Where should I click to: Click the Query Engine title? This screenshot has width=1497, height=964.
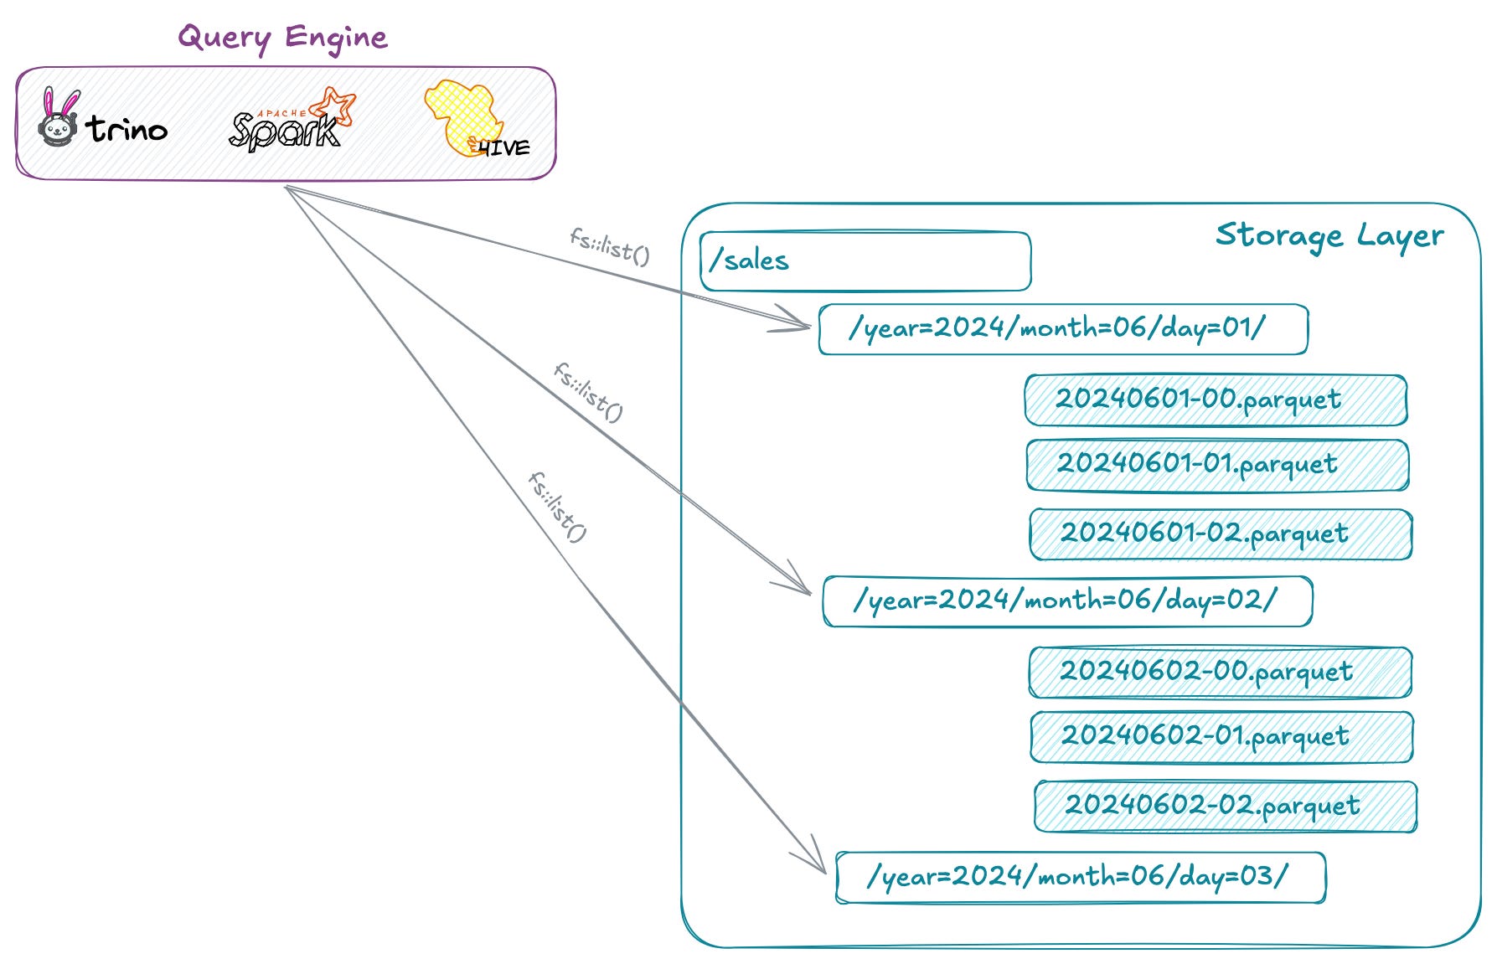(283, 39)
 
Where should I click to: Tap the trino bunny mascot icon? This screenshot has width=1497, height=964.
(59, 119)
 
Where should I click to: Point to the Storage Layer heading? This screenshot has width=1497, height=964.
(1329, 236)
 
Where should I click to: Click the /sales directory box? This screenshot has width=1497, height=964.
(865, 261)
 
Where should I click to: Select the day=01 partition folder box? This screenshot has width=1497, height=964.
(1062, 329)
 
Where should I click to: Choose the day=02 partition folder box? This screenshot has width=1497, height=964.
(1067, 601)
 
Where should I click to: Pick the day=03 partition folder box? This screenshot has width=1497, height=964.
(1081, 878)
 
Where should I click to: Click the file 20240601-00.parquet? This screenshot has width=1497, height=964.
(1216, 400)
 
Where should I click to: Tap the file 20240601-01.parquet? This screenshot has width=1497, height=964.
(1217, 465)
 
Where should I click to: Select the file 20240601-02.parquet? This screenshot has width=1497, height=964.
(1221, 534)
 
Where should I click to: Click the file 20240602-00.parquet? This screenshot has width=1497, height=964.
(1221, 672)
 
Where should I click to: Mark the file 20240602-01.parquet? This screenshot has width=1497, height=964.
(1221, 737)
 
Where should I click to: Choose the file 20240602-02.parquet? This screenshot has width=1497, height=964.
(1226, 807)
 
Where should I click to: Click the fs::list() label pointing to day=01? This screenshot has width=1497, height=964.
(610, 246)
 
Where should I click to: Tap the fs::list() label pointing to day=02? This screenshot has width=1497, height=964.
(588, 392)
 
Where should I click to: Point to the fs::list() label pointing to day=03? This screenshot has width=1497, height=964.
(558, 507)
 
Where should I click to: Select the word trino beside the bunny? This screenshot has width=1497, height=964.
(126, 129)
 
